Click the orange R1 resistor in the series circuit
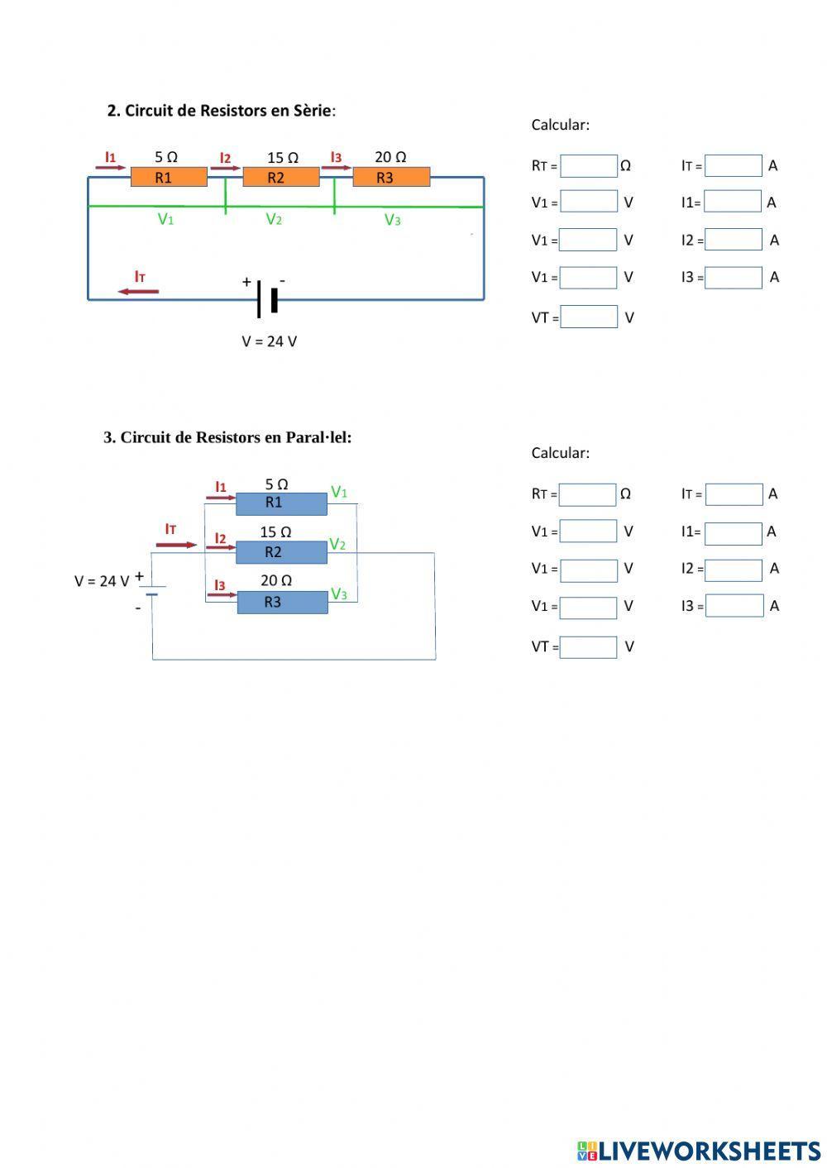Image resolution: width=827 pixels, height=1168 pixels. [x=169, y=177]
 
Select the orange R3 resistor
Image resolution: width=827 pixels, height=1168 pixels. [x=391, y=177]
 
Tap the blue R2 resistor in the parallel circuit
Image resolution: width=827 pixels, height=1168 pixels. [x=281, y=552]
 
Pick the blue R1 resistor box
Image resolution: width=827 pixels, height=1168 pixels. [x=281, y=503]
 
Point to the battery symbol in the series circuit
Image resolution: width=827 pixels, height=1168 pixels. [x=266, y=298]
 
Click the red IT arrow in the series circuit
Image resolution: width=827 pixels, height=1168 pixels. [x=138, y=291]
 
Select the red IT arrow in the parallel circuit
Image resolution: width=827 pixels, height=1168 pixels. [x=176, y=544]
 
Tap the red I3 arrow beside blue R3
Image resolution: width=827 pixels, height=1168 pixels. [x=221, y=594]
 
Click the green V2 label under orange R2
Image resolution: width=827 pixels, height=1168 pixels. [x=274, y=219]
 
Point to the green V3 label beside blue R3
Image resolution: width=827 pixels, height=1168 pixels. [x=339, y=594]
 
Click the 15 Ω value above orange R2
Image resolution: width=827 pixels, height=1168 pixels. [x=283, y=157]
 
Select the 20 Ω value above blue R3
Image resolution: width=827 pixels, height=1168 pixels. [x=276, y=580]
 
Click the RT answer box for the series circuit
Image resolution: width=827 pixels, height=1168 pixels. [x=588, y=165]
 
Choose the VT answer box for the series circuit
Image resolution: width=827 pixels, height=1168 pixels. [x=588, y=317]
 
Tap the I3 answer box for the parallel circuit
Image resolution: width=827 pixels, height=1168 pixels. [x=734, y=606]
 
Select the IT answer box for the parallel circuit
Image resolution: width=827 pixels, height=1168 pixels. [x=734, y=494]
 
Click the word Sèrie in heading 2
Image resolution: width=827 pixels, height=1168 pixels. [x=308, y=110]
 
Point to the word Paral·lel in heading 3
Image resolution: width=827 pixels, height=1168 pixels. [x=318, y=437]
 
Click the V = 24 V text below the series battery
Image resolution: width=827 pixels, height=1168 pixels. [x=269, y=341]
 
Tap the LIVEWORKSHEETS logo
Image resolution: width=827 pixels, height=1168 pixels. [x=699, y=1151]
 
